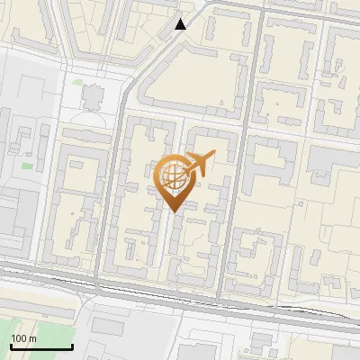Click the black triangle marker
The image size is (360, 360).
pos(181,24)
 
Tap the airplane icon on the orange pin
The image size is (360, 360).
pos(200,163)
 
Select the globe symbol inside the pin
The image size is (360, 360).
pos(173,176)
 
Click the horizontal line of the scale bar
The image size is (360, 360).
pos(41,347)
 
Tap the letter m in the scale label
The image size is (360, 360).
pos(32,338)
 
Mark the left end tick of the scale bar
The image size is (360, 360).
pos(11,346)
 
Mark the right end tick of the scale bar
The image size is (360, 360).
pos(72,346)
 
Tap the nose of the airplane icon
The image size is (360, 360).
pos(215,155)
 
